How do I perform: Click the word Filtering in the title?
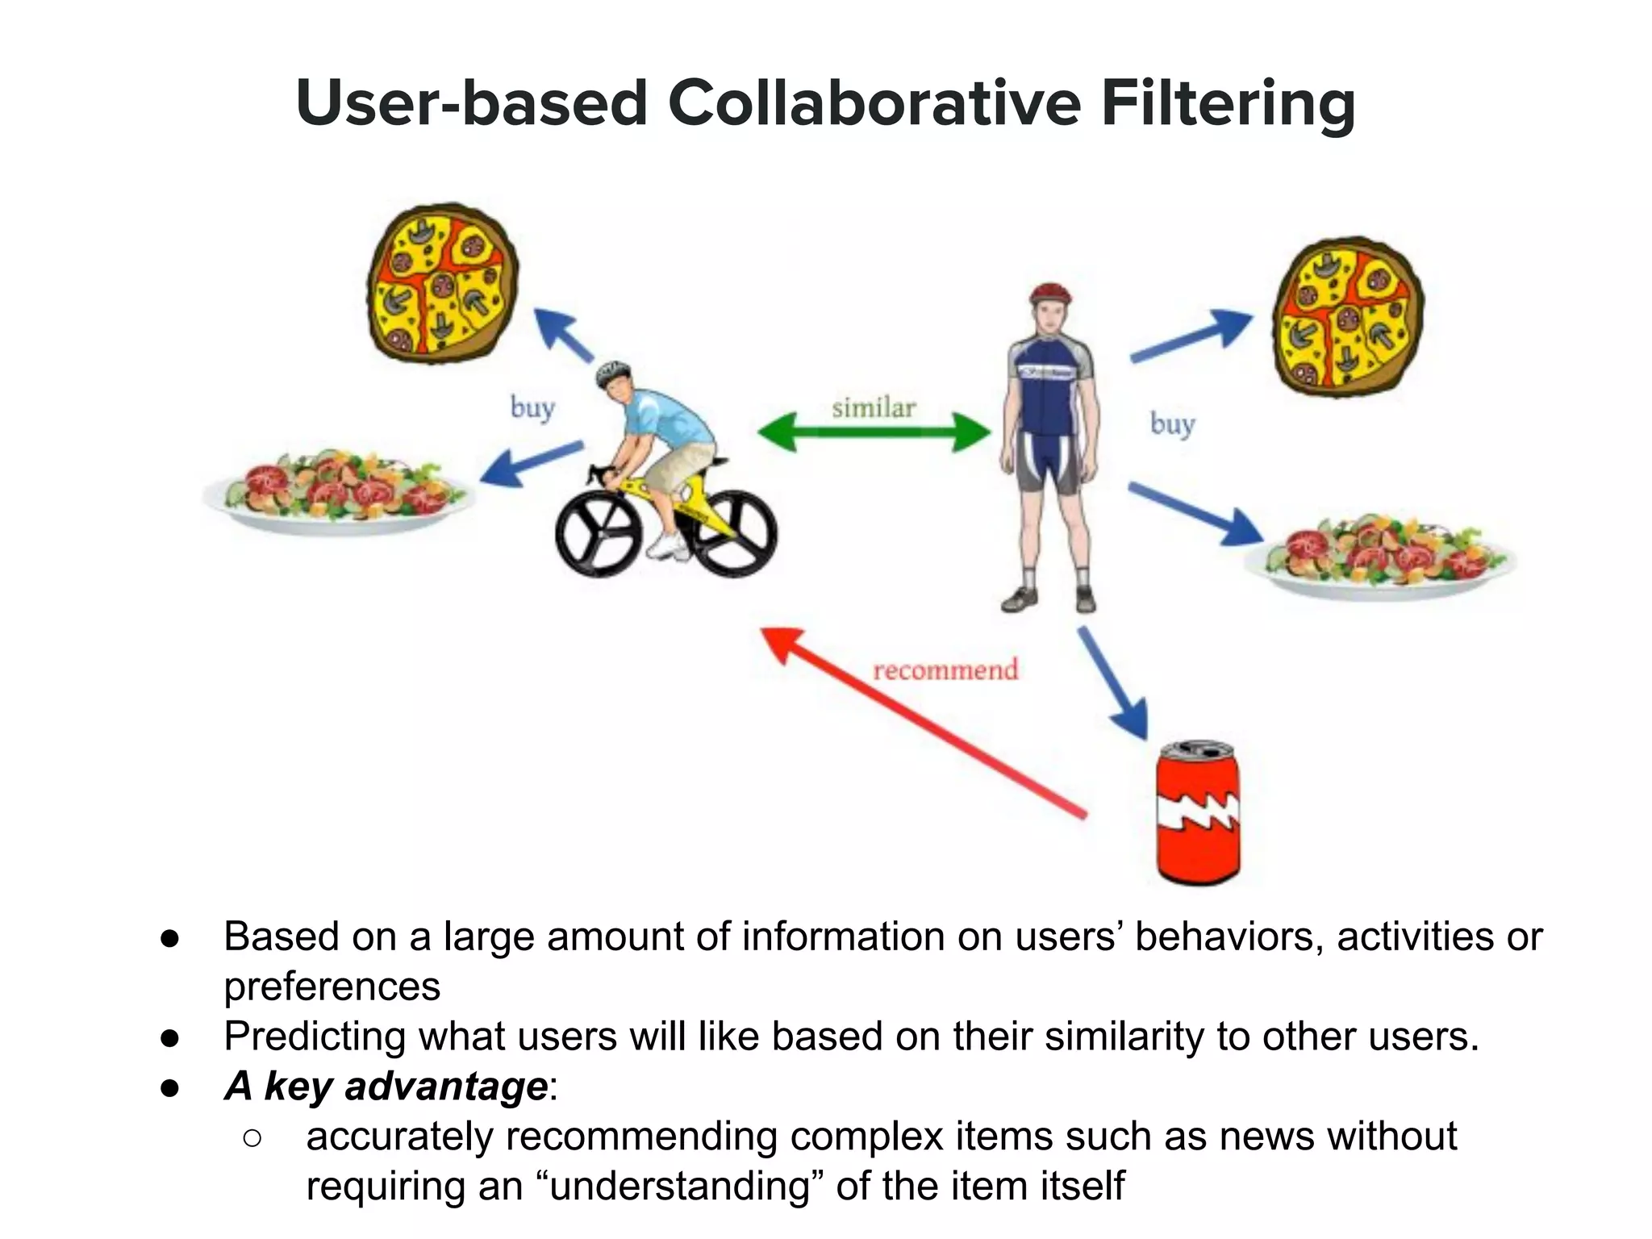(1228, 105)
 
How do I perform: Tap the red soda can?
(1198, 813)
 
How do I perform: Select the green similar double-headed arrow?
(874, 432)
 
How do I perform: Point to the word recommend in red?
(945, 670)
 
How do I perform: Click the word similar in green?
(874, 407)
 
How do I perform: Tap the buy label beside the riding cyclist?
(532, 407)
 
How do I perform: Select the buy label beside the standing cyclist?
(1172, 423)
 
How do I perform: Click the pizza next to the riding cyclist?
(442, 282)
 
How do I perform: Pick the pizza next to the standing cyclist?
(1347, 316)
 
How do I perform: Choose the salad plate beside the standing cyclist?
(1379, 557)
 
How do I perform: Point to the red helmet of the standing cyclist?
(1050, 292)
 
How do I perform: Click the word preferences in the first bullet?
(332, 987)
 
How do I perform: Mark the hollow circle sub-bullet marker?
(252, 1137)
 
